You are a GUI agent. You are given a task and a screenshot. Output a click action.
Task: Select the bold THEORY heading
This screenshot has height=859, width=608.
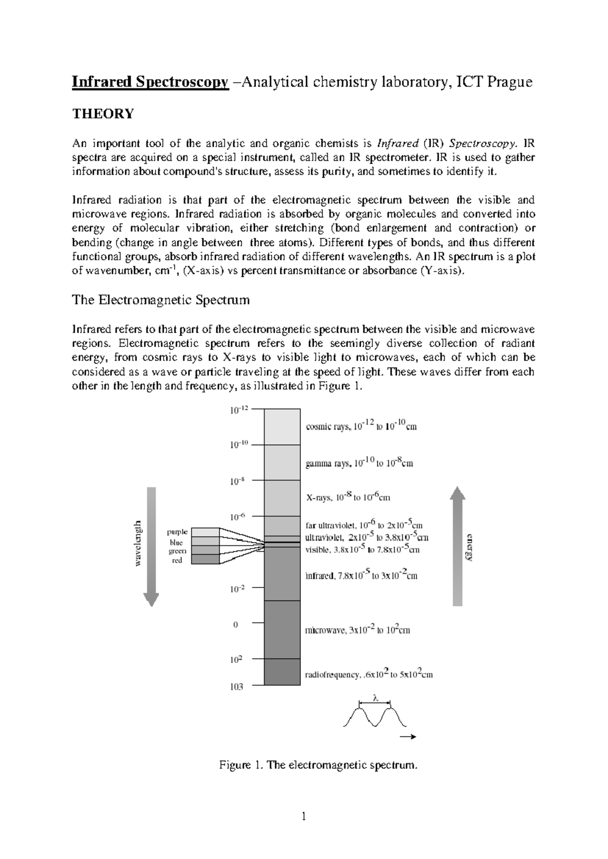coord(103,114)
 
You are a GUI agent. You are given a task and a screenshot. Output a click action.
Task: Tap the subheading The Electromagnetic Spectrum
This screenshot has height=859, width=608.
coord(161,300)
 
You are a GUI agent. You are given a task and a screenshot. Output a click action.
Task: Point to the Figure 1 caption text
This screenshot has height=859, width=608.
coord(318,765)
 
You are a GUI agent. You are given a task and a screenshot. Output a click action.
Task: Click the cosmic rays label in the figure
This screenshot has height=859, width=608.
coord(361,426)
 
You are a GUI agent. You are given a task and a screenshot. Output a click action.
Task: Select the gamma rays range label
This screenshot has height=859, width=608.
coord(359,462)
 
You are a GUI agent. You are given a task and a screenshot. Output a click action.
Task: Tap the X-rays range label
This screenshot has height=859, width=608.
coord(348,497)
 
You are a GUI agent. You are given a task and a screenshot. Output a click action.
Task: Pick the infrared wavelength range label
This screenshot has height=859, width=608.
coord(361,576)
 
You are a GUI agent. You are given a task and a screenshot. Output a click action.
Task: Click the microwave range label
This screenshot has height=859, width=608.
coord(357,631)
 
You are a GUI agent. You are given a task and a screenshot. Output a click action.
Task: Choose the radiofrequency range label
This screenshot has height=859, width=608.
coord(368,675)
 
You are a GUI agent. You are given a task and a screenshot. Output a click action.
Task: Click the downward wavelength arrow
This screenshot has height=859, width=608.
coord(151,547)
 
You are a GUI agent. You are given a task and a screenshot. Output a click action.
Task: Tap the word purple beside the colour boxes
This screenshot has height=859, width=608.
coord(177,532)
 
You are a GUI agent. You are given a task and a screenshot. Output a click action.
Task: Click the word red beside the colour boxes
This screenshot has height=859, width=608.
coord(177,561)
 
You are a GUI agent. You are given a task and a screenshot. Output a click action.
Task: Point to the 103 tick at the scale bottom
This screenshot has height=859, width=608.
coord(236,687)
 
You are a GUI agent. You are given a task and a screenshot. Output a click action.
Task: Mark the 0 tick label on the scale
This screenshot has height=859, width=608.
coord(235,625)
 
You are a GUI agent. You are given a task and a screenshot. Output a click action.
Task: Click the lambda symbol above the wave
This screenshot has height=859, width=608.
coord(375,698)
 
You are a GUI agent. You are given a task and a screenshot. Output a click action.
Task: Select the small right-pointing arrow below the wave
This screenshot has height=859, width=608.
coord(408,737)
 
